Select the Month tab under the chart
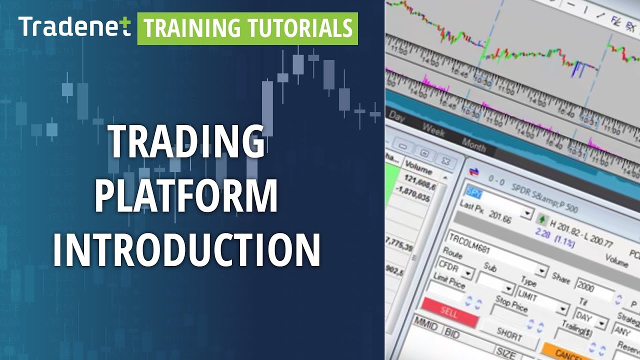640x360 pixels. (x=473, y=144)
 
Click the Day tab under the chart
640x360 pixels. (x=396, y=116)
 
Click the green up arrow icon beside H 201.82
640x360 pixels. (x=541, y=219)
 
